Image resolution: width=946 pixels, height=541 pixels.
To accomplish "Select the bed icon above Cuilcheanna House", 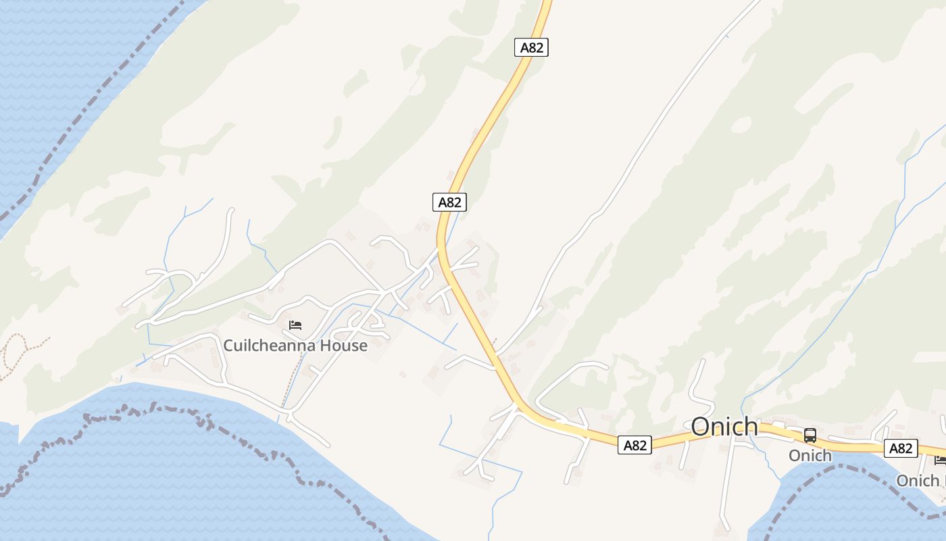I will [295, 325].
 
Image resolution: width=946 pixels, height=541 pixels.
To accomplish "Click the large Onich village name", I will [724, 427].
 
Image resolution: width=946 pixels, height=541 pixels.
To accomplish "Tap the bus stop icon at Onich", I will [810, 436].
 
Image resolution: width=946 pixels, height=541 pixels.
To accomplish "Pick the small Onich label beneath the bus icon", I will [810, 456].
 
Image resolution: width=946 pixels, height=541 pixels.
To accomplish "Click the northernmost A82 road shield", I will [531, 47].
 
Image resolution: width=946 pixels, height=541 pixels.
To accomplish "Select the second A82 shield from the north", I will [449, 202].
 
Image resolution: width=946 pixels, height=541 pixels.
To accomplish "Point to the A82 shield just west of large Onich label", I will [635, 445].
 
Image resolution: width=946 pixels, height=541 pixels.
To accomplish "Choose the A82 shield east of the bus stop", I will [901, 448].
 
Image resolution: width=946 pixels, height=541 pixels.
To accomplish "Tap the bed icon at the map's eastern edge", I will [940, 461].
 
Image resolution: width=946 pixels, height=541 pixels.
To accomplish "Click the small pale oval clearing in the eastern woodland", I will [741, 124].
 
